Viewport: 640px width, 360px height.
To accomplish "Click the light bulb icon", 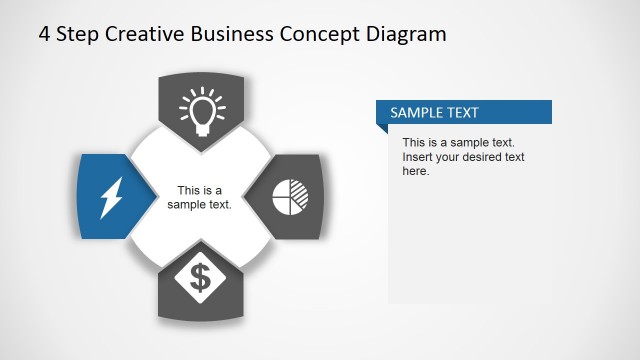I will (201, 111).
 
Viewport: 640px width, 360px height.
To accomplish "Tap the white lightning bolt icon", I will (109, 197).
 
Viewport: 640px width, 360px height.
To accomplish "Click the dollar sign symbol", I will (201, 277).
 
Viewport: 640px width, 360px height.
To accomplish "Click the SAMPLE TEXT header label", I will (434, 112).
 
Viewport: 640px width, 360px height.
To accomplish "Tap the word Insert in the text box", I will (418, 157).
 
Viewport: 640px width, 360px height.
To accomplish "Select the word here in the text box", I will (414, 171).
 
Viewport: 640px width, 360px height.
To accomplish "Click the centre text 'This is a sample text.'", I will (200, 197).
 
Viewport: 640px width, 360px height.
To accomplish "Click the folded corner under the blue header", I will (381, 128).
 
